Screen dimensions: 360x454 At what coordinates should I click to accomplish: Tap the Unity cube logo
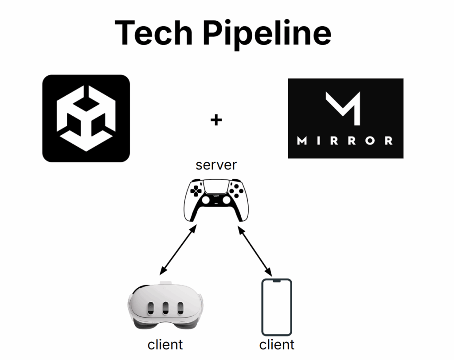(x=86, y=118)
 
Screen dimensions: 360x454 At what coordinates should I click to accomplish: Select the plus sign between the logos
(x=216, y=120)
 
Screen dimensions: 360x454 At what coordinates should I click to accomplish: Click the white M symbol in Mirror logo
(x=342, y=108)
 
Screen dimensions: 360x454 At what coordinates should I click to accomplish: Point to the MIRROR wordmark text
(x=345, y=141)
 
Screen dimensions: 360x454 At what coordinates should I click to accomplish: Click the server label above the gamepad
(x=216, y=165)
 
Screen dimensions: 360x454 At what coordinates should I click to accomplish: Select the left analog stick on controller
(x=205, y=200)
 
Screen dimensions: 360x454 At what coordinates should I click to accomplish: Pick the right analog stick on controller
(x=227, y=200)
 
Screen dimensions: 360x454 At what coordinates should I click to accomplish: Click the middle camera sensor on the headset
(x=165, y=308)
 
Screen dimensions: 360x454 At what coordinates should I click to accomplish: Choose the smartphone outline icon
(x=277, y=307)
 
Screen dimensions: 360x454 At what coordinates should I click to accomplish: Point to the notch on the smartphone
(x=277, y=281)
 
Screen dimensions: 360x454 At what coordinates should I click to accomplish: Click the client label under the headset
(x=165, y=344)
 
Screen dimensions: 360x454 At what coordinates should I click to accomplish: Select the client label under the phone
(x=277, y=344)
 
